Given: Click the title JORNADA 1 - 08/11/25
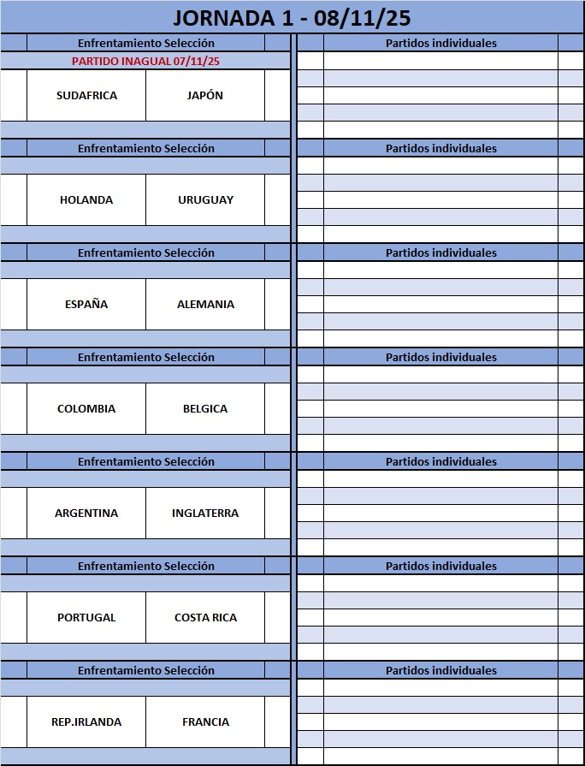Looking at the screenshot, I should (292, 17).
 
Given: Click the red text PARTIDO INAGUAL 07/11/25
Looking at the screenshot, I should (145, 61).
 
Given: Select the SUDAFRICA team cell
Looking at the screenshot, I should (86, 95).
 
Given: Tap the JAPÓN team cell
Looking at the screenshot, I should (205, 95).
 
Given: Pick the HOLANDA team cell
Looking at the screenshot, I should (86, 199).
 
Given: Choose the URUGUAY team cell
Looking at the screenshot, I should (205, 199).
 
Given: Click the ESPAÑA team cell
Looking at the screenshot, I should (86, 304).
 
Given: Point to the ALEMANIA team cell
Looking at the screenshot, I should (205, 304).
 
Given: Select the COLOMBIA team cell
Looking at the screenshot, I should (86, 408).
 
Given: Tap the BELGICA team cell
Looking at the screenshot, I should (205, 408).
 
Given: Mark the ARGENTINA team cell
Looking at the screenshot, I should (86, 513).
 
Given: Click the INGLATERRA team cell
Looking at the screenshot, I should (205, 513).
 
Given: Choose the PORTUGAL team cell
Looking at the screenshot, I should (86, 617).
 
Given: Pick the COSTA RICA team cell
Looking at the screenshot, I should (205, 617).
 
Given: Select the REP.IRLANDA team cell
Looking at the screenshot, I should (86, 721).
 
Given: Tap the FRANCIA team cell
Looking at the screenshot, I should (205, 721).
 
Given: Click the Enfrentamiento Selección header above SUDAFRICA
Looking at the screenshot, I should (145, 43).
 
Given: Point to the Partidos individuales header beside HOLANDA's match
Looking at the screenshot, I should (440, 148).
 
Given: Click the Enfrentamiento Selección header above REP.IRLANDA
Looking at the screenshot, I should (145, 670).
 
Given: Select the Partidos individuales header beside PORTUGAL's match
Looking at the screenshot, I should (440, 566).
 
